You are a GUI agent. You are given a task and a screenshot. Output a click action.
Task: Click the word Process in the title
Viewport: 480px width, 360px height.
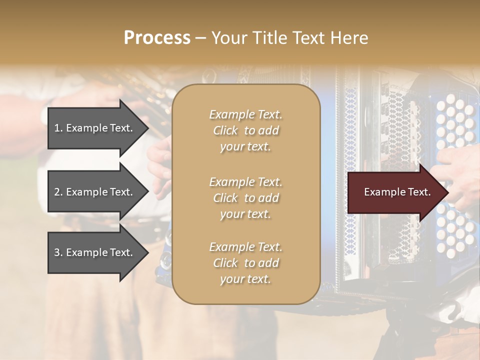tap(157, 38)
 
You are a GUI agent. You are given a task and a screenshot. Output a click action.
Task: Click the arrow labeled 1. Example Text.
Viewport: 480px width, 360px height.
tap(95, 128)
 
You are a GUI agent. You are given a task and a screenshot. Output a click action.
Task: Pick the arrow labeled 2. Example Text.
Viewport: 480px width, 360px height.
tap(95, 192)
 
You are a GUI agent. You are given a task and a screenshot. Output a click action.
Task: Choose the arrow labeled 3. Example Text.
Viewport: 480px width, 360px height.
tap(95, 252)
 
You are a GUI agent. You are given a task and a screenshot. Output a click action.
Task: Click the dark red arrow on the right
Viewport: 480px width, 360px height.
tap(395, 192)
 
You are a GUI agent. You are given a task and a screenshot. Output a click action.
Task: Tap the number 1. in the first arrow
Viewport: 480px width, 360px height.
tap(58, 128)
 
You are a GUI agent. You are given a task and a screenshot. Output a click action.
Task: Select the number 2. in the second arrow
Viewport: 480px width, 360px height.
tap(58, 192)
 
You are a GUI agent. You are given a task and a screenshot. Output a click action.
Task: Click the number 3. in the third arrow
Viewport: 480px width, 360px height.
tap(58, 252)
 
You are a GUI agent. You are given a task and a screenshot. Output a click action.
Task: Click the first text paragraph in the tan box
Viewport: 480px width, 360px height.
tap(245, 130)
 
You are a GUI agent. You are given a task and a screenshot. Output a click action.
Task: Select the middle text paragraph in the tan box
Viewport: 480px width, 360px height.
tap(245, 198)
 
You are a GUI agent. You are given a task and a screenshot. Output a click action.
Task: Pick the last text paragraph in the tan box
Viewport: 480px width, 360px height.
tap(245, 263)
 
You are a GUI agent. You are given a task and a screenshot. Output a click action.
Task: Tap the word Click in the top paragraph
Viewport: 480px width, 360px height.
tap(225, 130)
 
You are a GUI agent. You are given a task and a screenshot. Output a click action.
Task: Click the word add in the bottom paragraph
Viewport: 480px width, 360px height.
tap(269, 263)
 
